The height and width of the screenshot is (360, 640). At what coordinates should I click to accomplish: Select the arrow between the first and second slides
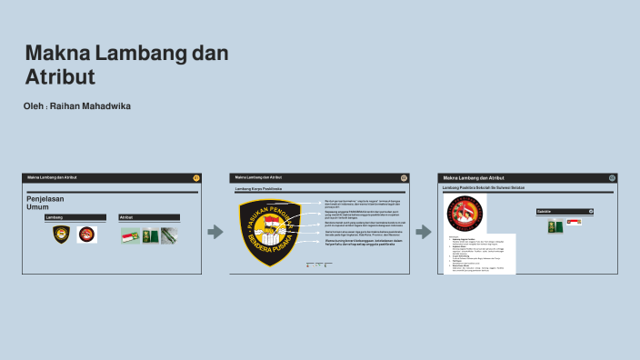(215, 232)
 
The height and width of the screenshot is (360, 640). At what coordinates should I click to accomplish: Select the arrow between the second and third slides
(423, 232)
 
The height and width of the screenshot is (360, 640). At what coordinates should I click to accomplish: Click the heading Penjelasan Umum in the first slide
(45, 203)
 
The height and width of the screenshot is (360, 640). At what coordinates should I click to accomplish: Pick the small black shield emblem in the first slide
(61, 235)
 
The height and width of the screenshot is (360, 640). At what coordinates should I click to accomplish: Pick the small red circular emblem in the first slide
(86, 235)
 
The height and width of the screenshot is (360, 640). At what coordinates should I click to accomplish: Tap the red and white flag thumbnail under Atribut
(130, 235)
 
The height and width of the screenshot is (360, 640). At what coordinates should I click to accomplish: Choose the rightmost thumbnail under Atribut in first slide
(169, 235)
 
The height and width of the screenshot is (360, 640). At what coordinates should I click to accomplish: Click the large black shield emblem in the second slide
(268, 232)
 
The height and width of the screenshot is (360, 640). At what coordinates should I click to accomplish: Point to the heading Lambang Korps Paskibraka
(259, 189)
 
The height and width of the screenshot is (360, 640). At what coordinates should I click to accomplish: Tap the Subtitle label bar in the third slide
(565, 211)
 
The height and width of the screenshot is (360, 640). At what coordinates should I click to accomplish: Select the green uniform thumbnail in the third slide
(555, 227)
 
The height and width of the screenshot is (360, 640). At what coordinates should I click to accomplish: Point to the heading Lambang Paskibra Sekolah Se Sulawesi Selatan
(483, 187)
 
